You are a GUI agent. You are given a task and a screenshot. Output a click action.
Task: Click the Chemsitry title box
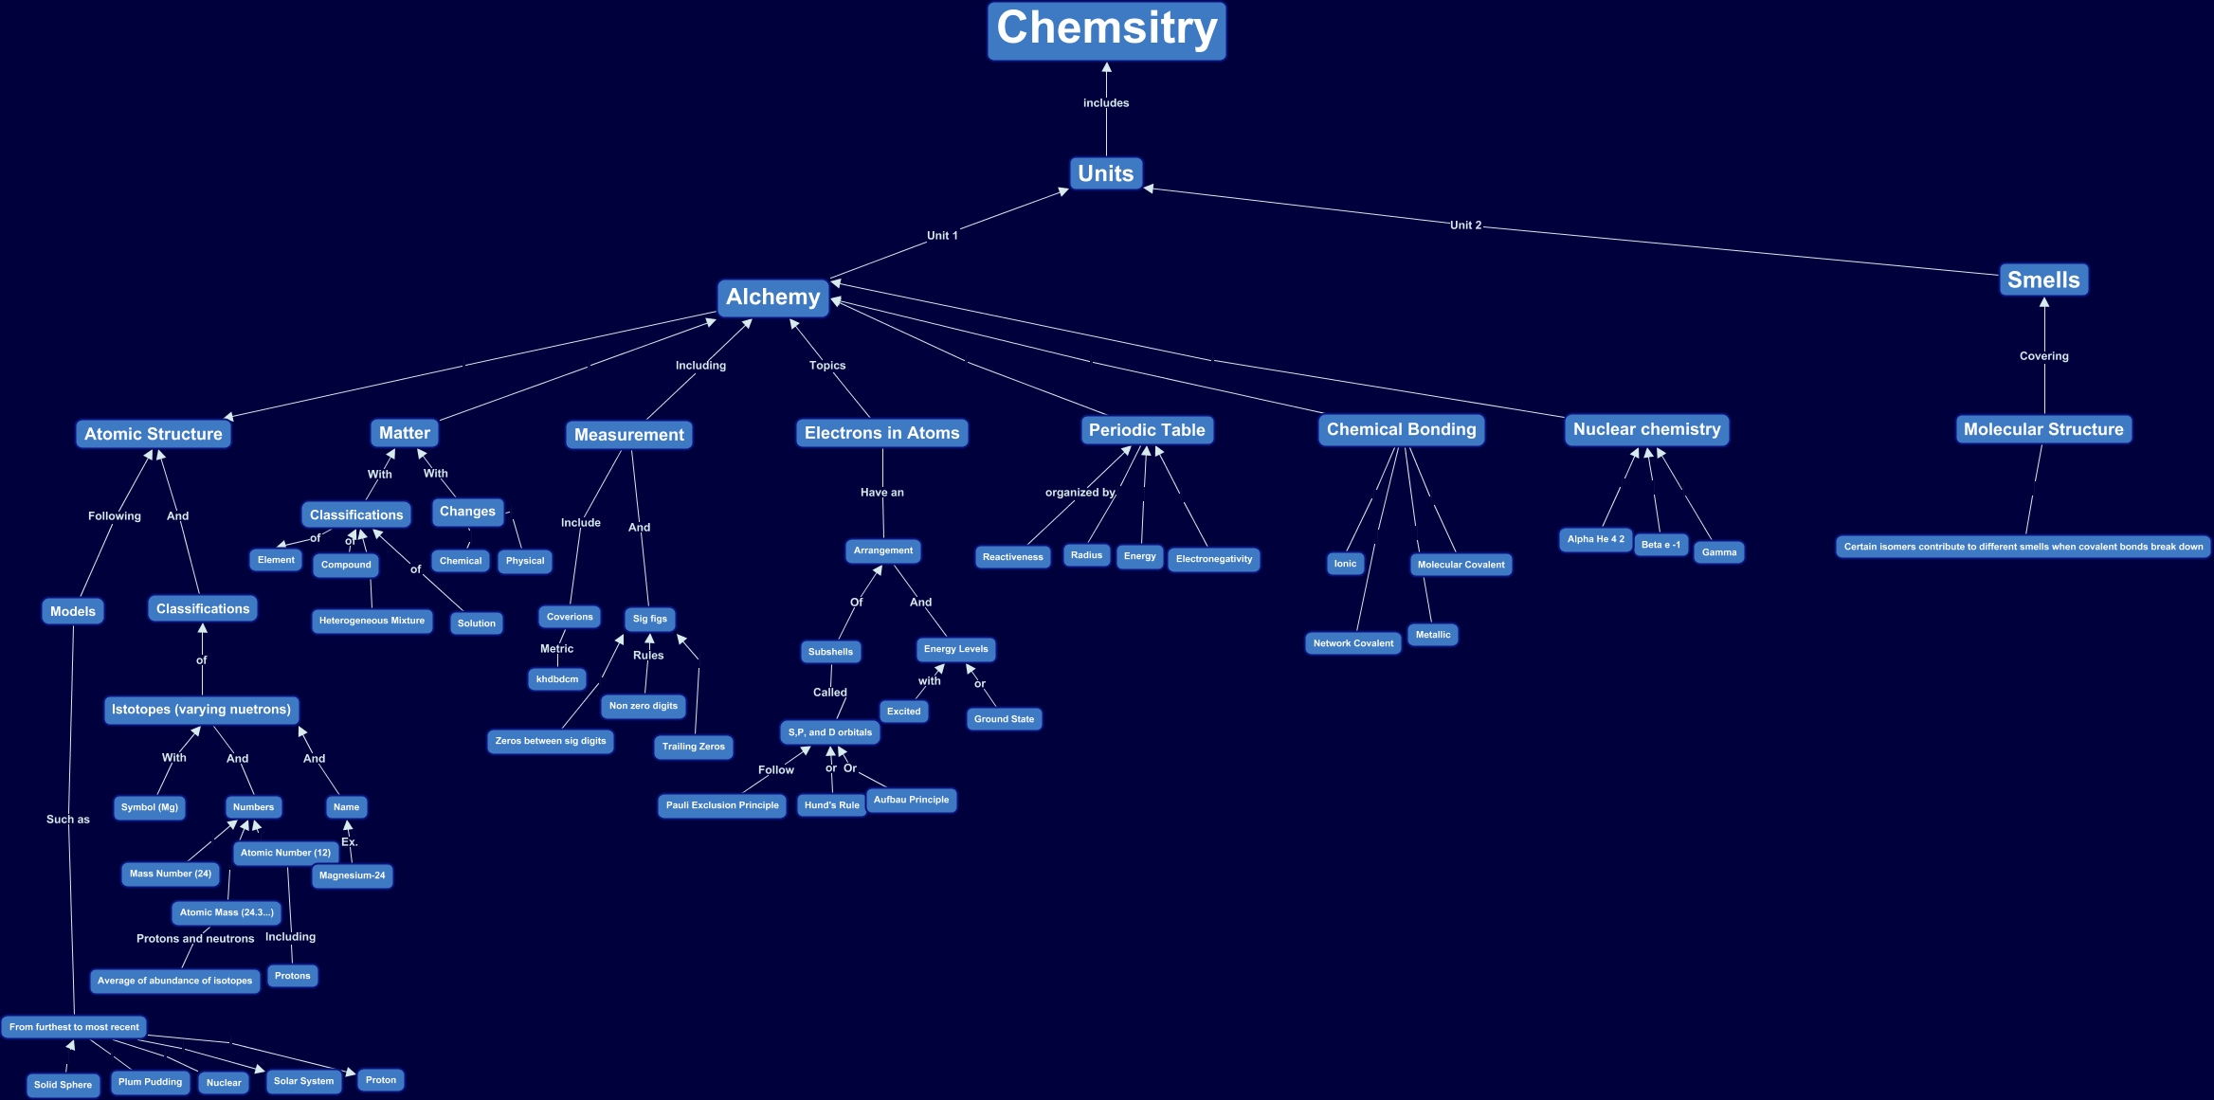coord(1106,30)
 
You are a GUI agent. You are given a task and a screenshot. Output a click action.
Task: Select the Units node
coord(1105,173)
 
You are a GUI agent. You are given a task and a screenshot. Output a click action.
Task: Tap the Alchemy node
coord(772,298)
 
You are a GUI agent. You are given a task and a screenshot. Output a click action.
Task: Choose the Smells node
coord(2043,280)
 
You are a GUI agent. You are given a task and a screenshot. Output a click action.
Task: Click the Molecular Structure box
coord(2043,429)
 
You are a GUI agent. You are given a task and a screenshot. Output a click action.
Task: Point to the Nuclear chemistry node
coord(1646,429)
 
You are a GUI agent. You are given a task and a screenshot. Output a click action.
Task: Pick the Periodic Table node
coord(1147,430)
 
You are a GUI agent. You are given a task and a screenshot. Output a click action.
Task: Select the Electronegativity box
coord(1213,559)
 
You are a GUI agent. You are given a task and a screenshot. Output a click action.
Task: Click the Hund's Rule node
coord(831,805)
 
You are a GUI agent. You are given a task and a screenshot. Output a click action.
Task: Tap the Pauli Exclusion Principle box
coord(722,805)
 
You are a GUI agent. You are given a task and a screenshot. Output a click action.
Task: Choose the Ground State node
coord(1004,719)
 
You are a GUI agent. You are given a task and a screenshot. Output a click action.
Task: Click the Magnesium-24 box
coord(352,875)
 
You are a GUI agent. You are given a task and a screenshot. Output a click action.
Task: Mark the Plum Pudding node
coord(150,1082)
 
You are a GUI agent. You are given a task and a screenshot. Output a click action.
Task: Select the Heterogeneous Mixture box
coord(372,621)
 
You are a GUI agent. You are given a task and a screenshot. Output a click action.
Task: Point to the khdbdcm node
coord(557,679)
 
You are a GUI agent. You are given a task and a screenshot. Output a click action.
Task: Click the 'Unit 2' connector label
coord(1465,225)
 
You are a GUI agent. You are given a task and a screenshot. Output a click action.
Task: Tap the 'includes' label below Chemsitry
coord(1106,103)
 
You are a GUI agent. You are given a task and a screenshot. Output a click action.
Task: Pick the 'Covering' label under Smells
coord(2043,356)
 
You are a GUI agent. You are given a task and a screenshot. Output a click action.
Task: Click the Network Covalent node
coord(1352,643)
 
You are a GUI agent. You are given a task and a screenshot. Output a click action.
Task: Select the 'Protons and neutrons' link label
coord(195,939)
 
